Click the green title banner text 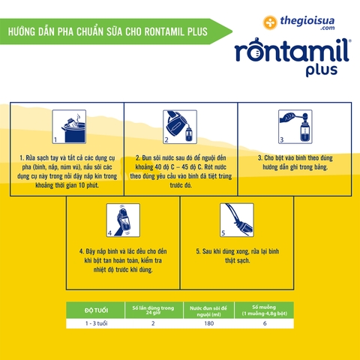104,32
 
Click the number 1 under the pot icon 55,140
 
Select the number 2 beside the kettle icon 167,140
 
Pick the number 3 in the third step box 281,140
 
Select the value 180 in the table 209,324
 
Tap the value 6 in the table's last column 265,324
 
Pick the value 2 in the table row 154,324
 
